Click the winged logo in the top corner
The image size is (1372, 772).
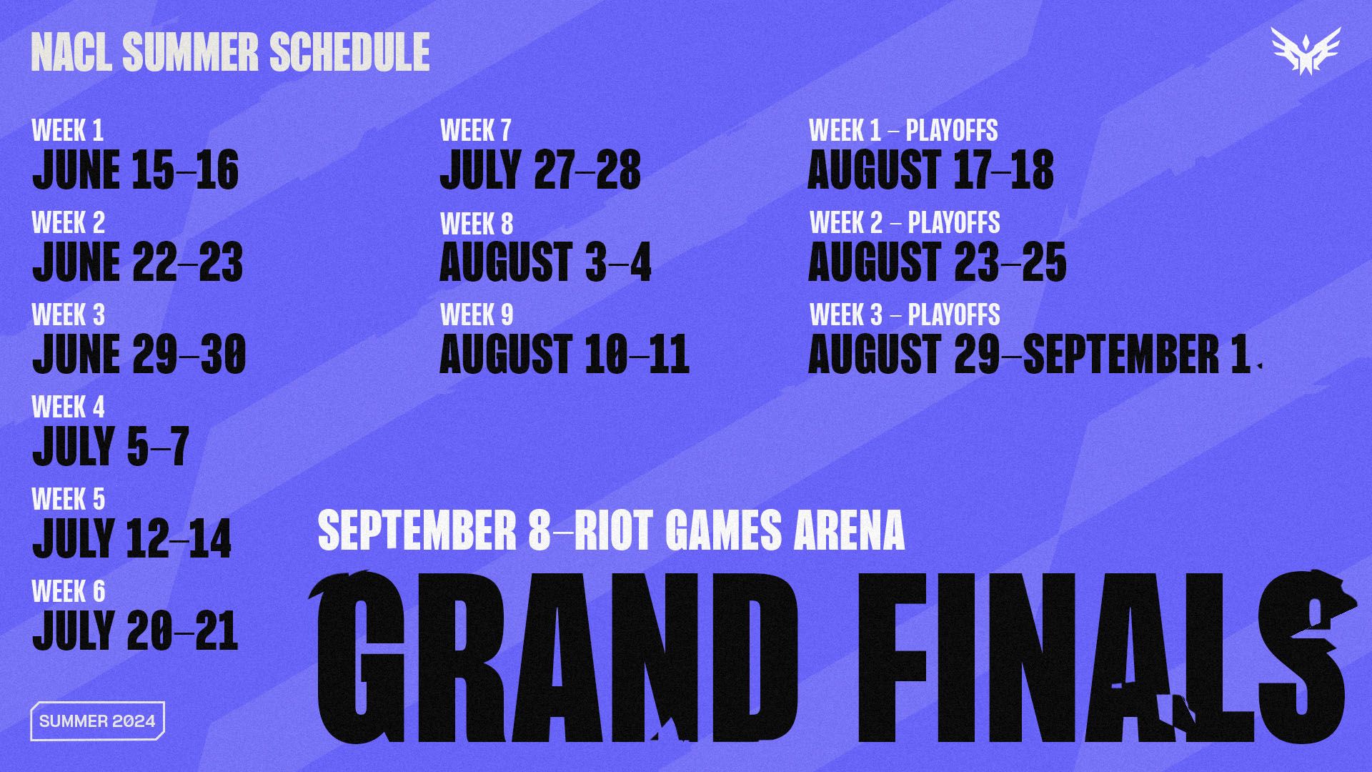point(1306,51)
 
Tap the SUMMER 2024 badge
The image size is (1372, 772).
point(97,721)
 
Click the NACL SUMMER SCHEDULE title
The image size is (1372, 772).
point(230,51)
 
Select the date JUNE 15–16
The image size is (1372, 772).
point(135,170)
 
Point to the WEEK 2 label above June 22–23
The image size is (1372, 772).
point(68,223)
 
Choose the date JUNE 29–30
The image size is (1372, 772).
point(139,355)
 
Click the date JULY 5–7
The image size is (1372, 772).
point(111,445)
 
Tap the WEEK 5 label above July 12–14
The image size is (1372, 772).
point(68,499)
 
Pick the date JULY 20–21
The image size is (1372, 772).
point(135,630)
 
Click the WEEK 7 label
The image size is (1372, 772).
point(476,131)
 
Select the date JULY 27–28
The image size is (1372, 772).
point(540,170)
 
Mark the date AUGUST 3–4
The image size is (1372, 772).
point(545,262)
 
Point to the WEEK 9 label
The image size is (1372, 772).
point(477,315)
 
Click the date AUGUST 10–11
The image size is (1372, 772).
point(565,355)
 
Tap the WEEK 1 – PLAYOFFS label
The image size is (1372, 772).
point(903,131)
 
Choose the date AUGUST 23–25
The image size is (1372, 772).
point(937,262)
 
